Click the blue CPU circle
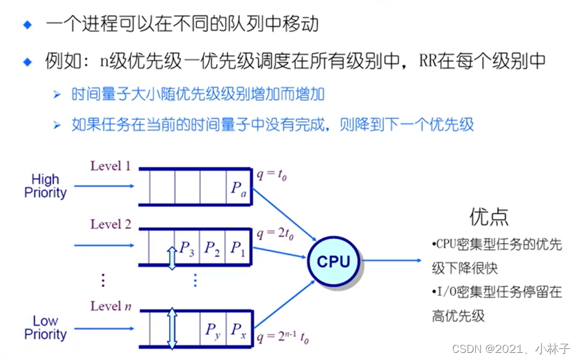click(x=333, y=262)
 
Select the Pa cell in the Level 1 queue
click(x=238, y=186)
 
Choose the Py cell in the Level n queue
click(x=213, y=329)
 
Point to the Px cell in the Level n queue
click(x=238, y=329)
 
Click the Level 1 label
click(x=110, y=166)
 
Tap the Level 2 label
click(x=110, y=225)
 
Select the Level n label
click(x=110, y=306)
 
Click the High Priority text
click(x=45, y=186)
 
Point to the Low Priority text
click(x=45, y=327)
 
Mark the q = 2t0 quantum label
click(x=274, y=234)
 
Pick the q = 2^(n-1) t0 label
click(x=282, y=338)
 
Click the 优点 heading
click(x=489, y=216)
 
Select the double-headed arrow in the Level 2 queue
click(x=172, y=259)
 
